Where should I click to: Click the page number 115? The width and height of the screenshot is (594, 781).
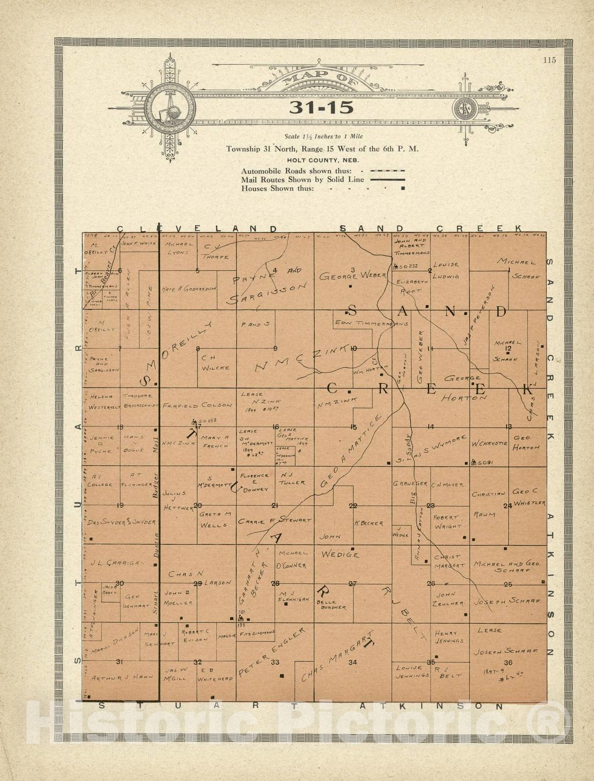[549, 61]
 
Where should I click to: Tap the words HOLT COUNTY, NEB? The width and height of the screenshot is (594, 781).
[322, 160]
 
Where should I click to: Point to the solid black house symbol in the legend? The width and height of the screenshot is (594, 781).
[402, 188]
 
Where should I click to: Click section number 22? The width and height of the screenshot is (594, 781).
[352, 506]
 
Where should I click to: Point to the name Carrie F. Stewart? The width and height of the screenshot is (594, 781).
[274, 521]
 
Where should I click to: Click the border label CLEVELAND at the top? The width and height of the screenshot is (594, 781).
[198, 228]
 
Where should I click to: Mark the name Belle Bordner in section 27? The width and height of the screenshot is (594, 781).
[331, 605]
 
